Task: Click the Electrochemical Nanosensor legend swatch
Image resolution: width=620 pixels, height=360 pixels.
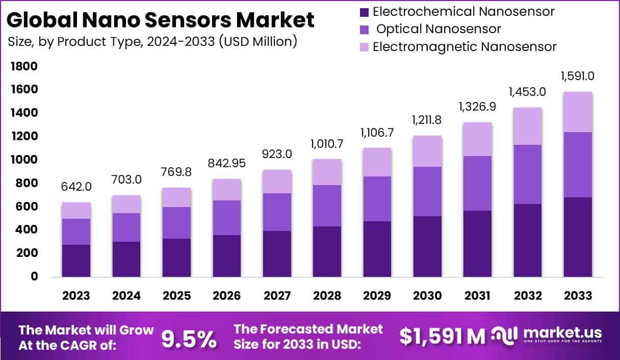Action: coord(364,11)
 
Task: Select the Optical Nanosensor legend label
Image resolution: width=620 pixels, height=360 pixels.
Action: coord(438,29)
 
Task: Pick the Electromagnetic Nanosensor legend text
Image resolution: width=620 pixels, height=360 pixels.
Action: coord(464,47)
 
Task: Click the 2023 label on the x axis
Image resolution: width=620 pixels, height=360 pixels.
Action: coord(76,296)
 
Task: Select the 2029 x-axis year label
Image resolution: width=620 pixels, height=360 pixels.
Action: coord(377,296)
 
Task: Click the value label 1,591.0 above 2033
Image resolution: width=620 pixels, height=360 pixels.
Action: coord(578,76)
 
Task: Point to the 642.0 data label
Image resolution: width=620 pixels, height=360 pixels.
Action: coord(76,187)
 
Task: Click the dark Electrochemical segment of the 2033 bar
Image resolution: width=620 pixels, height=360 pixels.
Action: coord(578,237)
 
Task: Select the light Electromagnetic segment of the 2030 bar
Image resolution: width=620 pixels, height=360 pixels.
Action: coord(427,151)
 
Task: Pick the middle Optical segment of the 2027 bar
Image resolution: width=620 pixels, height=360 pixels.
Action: coord(277,212)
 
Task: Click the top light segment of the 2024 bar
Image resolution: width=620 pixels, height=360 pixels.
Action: coord(126,204)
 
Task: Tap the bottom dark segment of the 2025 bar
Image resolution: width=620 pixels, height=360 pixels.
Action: coord(176,258)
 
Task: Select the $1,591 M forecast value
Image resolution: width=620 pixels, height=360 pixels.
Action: coord(443,336)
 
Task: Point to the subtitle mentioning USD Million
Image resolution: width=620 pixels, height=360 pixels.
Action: coord(152,42)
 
